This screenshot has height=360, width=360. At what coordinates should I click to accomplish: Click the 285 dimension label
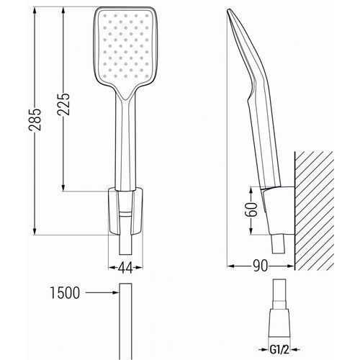point(35,120)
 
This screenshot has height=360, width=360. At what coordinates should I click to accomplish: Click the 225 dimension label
point(63,104)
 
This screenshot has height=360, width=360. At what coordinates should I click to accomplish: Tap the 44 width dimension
point(125,268)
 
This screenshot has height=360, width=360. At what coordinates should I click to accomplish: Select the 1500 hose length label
point(65,293)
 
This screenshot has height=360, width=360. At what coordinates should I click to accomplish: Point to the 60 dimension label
point(251,210)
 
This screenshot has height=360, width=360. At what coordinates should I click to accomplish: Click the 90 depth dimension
point(261,266)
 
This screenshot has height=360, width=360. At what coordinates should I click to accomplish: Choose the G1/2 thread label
point(279,350)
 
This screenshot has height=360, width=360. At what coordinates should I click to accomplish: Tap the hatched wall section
point(314,211)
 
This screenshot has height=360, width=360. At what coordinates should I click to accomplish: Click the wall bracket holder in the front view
point(126,212)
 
